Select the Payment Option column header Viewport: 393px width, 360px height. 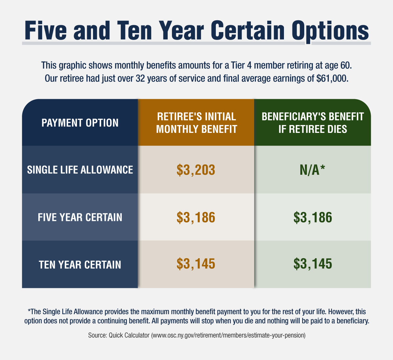(x=80, y=123)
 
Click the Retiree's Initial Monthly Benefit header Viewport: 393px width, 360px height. (x=196, y=123)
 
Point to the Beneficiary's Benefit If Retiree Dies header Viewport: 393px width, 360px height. (x=313, y=123)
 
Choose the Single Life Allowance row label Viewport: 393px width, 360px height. (x=80, y=170)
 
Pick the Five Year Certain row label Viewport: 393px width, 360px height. (x=80, y=217)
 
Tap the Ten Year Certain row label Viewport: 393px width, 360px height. (x=80, y=264)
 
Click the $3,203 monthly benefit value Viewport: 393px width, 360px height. (x=196, y=170)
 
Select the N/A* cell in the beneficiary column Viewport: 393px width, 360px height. (x=313, y=170)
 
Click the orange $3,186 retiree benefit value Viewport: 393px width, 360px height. (x=196, y=217)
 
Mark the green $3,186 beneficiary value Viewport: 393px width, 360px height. (x=313, y=217)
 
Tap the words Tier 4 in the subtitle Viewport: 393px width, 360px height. (x=242, y=65)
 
